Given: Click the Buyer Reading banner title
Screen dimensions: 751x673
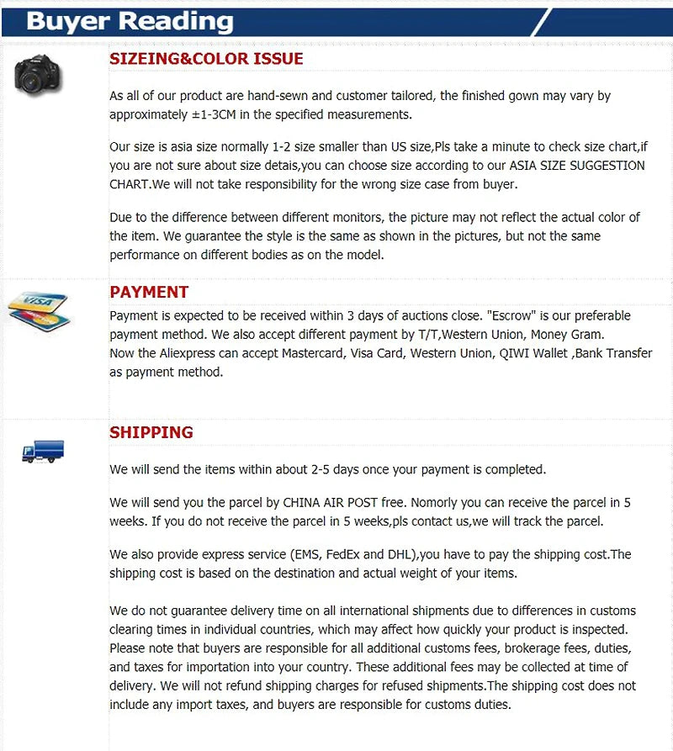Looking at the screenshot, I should [130, 20].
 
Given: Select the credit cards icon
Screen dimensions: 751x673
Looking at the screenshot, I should [38, 309].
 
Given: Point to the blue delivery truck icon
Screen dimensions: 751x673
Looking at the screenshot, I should [43, 452].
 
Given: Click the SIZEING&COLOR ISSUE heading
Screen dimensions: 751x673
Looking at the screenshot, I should [206, 59].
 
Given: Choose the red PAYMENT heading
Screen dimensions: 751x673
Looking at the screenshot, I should [149, 292].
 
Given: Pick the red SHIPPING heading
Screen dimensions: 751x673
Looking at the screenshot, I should [151, 432].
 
